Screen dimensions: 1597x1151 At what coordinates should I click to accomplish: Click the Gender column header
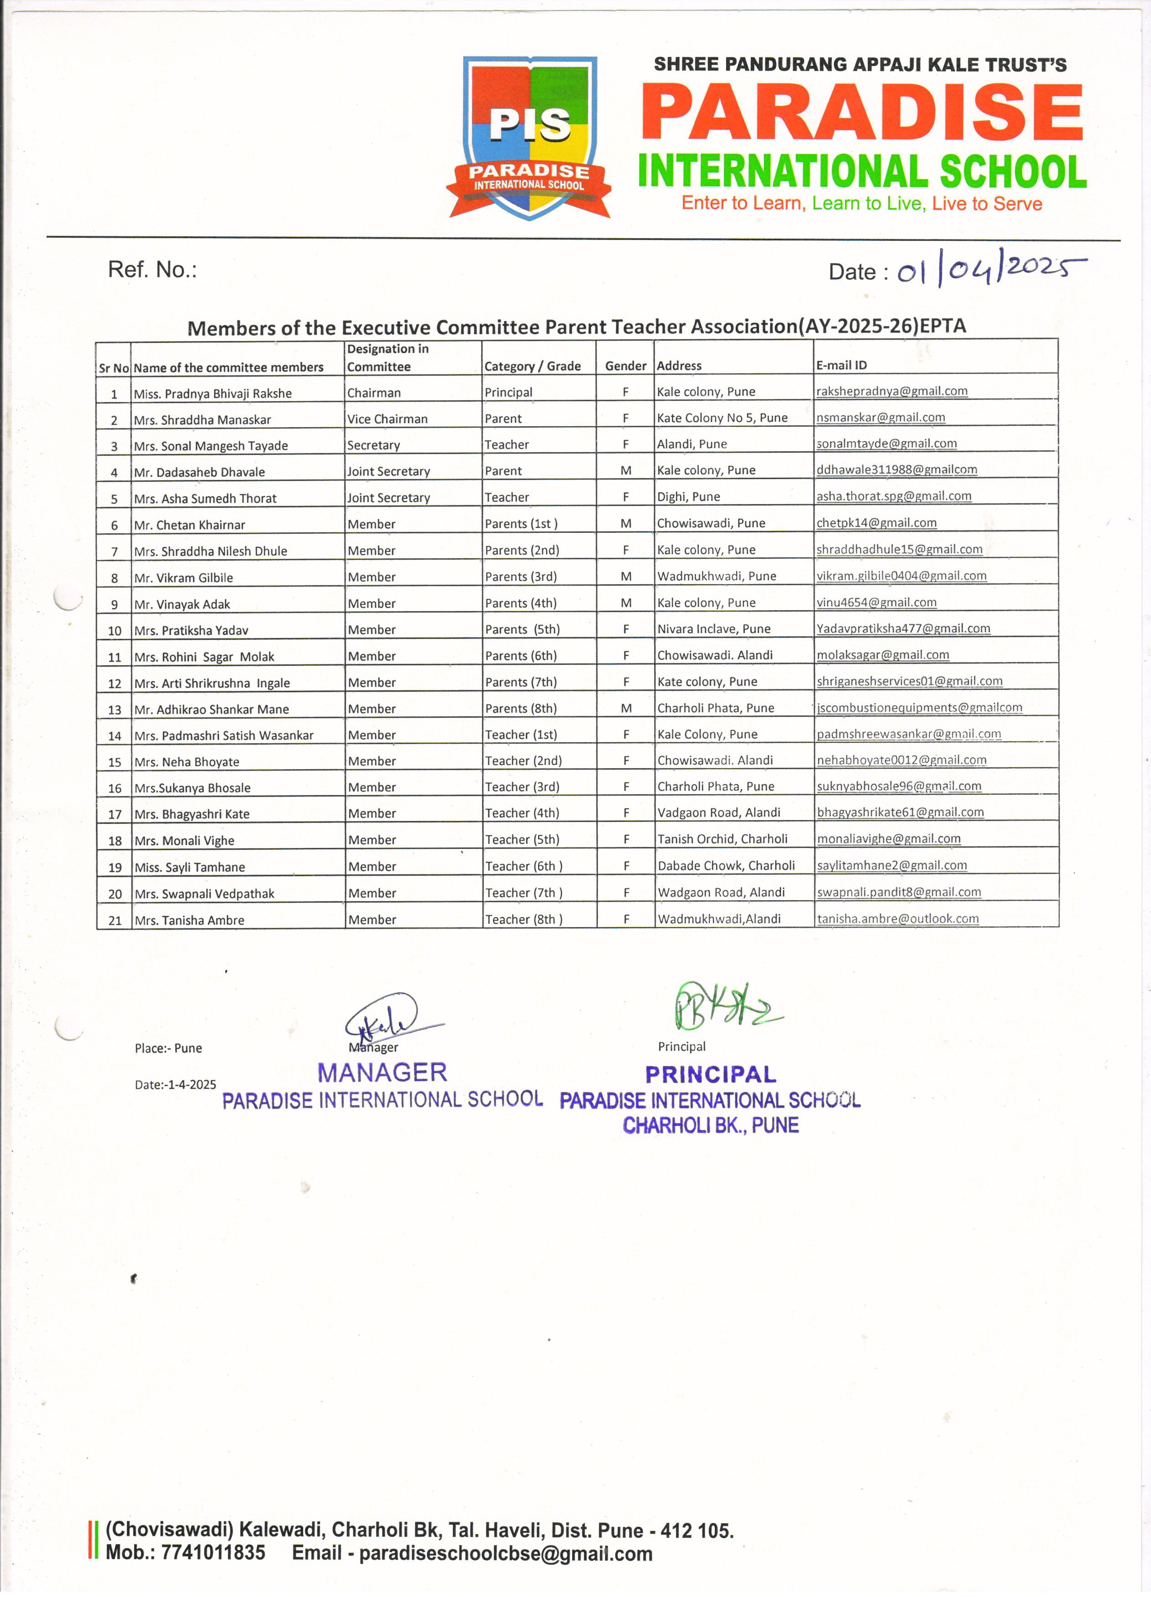point(625,366)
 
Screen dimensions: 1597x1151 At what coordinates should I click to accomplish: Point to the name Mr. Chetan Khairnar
point(189,525)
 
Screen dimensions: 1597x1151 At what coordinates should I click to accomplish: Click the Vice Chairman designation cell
point(387,419)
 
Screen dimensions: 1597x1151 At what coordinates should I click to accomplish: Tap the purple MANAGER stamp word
point(382,1072)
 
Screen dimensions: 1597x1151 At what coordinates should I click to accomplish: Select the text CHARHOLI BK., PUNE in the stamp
point(710,1125)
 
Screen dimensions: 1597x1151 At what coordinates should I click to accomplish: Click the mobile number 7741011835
point(185,1553)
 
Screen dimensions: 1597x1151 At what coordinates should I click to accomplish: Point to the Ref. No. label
point(152,270)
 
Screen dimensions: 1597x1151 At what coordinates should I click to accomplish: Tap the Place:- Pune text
point(168,1048)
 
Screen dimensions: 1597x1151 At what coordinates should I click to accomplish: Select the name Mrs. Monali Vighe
point(184,841)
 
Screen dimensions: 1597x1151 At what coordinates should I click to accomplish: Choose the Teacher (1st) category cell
point(521,735)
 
